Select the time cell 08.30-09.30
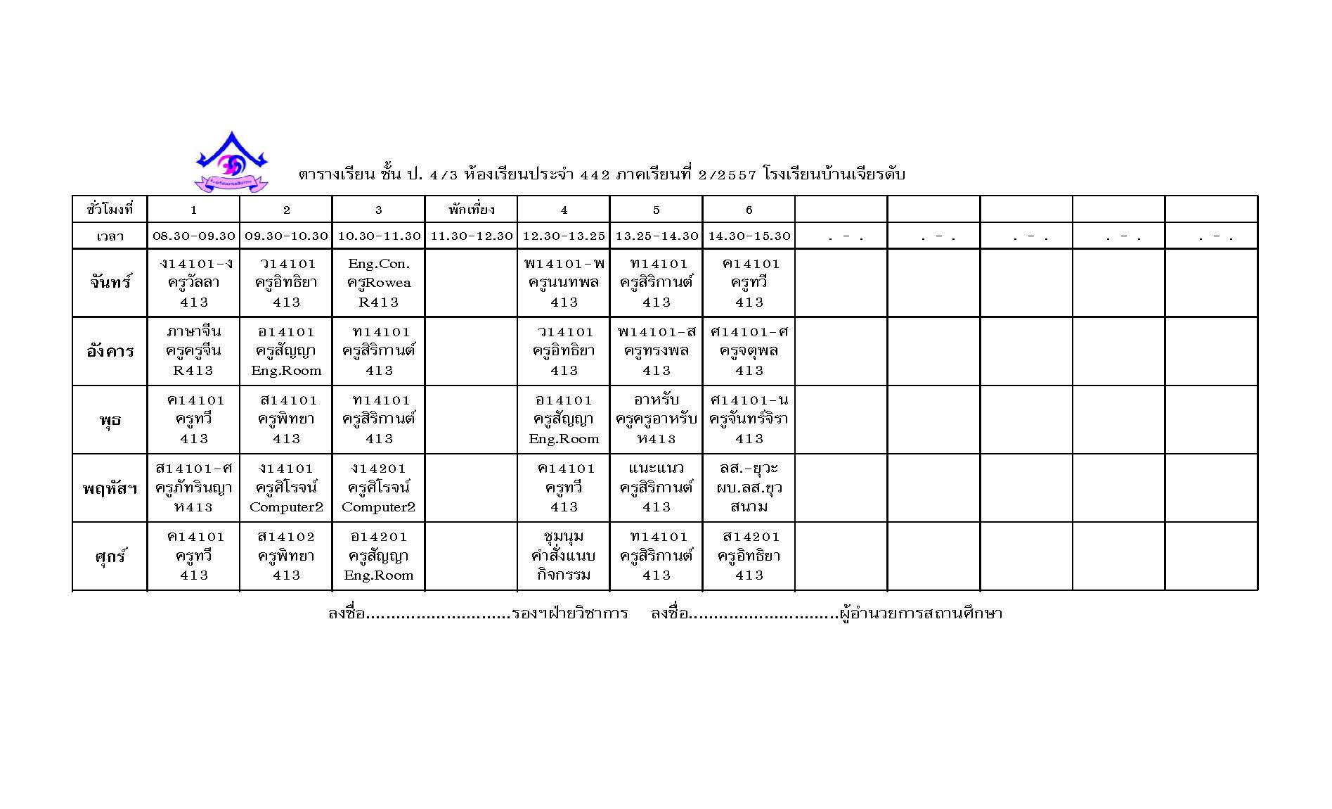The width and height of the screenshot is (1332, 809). tap(193, 236)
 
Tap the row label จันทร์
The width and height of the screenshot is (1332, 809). tap(110, 283)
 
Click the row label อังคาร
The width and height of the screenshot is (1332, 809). tap(110, 351)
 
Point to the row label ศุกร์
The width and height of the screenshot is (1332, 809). tap(110, 556)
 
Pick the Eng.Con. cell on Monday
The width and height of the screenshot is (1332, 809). tap(378, 283)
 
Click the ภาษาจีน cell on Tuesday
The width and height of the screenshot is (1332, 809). tap(193, 351)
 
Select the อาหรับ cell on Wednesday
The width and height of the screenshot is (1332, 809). tap(656, 419)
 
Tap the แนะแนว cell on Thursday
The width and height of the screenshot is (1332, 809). tap(656, 488)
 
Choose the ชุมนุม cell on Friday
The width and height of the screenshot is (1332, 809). tap(563, 556)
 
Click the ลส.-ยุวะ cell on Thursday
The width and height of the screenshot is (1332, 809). tap(749, 488)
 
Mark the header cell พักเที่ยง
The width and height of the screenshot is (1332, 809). tap(471, 210)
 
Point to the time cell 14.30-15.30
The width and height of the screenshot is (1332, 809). tap(749, 236)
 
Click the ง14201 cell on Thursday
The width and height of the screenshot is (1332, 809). tap(378, 488)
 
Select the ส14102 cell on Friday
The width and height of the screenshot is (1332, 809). tap(286, 556)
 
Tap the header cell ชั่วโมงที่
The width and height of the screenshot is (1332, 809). tap(110, 210)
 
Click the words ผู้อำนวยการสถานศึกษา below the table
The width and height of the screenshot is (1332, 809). tap(921, 613)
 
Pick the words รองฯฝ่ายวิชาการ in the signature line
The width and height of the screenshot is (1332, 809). tap(570, 613)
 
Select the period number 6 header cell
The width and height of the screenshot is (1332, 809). tap(749, 210)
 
